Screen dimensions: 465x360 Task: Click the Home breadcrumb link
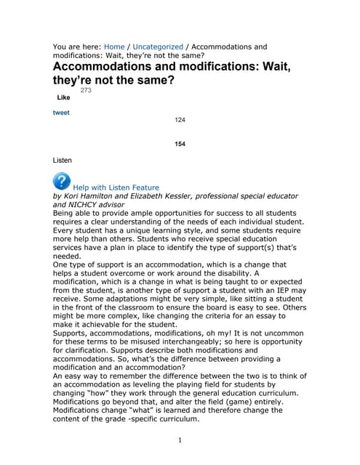(114, 46)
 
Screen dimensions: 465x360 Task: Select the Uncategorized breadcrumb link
(158, 46)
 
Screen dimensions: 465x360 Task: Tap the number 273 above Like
(86, 90)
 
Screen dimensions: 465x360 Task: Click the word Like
(63, 97)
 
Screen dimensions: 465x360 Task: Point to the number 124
(180, 119)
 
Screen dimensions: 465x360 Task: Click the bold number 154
(180, 144)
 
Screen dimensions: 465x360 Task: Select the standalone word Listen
(63, 159)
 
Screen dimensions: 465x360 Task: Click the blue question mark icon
(62, 181)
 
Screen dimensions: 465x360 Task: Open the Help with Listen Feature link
(116, 187)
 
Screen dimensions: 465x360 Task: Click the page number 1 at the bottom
(180, 440)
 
